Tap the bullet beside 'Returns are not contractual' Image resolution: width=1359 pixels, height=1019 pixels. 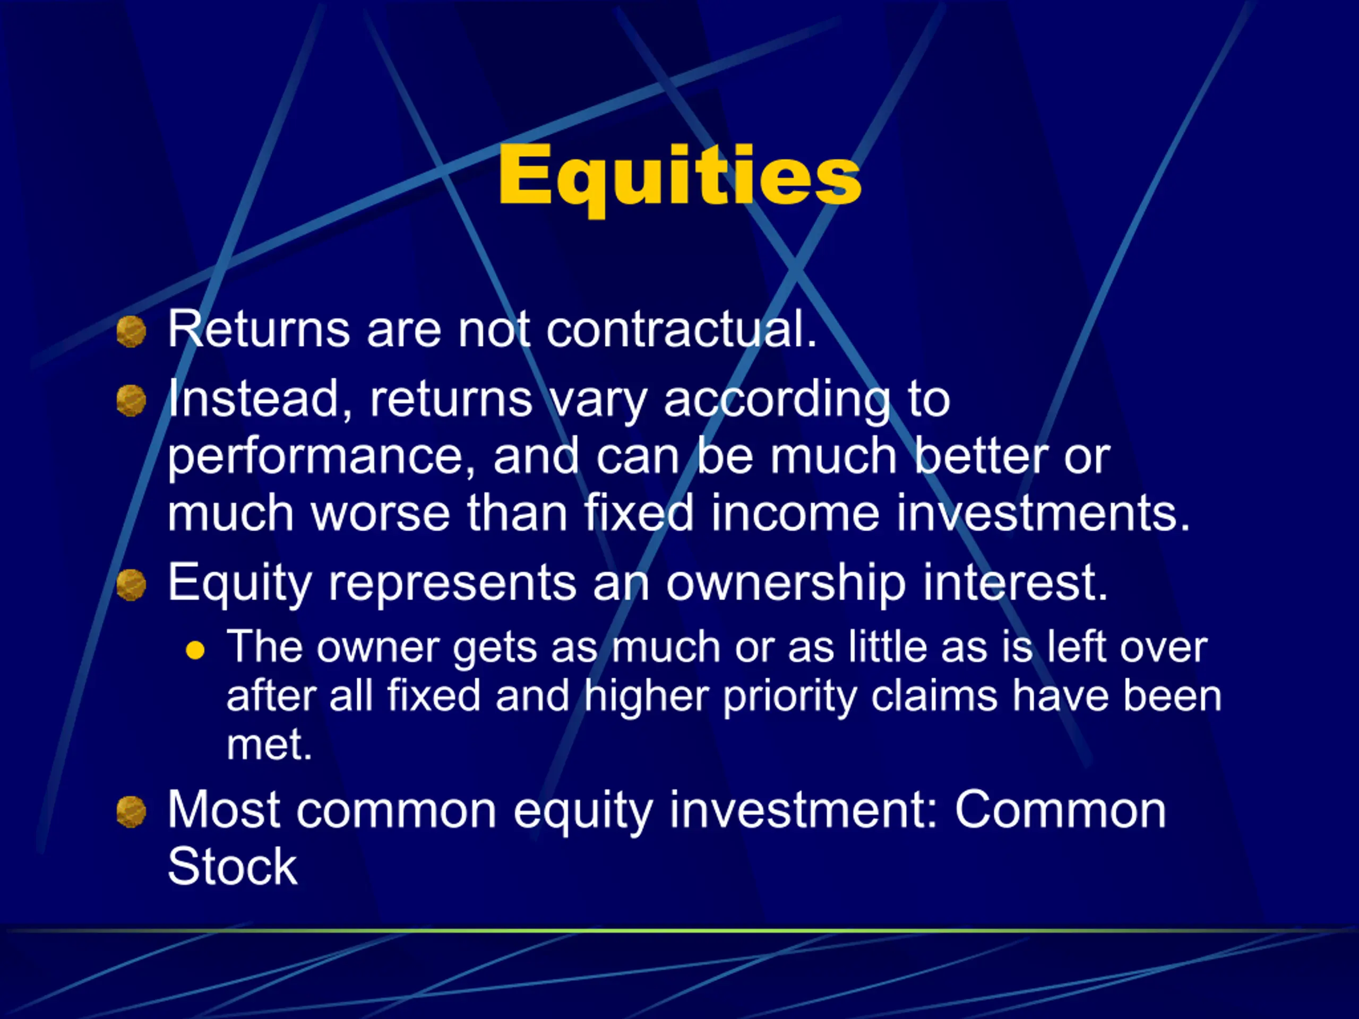(x=132, y=332)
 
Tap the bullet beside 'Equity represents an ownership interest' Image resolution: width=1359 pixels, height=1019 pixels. (x=132, y=584)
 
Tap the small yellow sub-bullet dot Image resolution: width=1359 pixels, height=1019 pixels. (x=195, y=650)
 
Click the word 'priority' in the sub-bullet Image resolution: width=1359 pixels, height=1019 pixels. (x=789, y=698)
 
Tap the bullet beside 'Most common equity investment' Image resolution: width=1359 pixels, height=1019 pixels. (x=132, y=811)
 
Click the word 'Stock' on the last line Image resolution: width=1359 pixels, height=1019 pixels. (x=232, y=866)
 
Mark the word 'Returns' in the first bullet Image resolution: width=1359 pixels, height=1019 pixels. (x=259, y=329)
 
